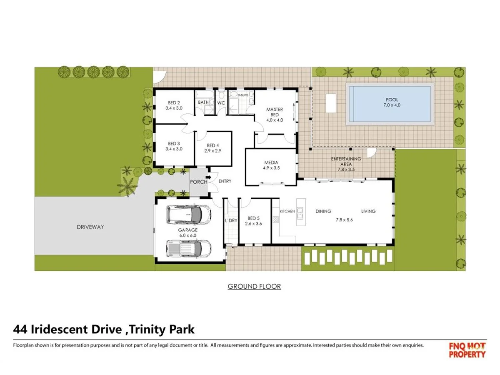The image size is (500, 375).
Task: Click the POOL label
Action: pos(391,100)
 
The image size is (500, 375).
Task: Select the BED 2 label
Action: pos(174,102)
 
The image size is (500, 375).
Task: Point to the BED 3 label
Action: pos(174,142)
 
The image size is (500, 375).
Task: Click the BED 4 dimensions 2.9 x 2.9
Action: pos(212,151)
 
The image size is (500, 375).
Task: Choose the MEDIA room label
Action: pos(271,162)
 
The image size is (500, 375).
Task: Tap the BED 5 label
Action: pos(254,218)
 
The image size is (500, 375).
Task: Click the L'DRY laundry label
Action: pos(231,221)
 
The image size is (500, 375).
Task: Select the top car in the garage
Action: pos(188,214)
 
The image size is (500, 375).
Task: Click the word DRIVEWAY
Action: pos(90,227)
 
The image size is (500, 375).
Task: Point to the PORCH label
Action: pos(198,182)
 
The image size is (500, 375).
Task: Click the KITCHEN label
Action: pos(287,211)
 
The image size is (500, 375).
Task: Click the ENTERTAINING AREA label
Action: pos(346,161)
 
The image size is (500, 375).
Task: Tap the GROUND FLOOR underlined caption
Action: pos(254,286)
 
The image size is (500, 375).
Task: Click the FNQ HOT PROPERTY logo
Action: pos(467,350)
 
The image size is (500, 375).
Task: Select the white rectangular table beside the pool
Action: pos(331,103)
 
